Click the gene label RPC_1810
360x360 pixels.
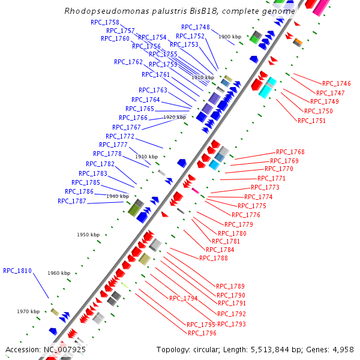pos(17,271)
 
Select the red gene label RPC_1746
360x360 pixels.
pos(337,84)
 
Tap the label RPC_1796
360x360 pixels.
pos(202,333)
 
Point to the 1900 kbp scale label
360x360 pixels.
pos(229,37)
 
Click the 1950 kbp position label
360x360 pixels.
pos(88,235)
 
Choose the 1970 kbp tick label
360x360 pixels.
pos(28,311)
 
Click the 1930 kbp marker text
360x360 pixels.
pos(146,157)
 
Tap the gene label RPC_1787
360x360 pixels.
pos(72,201)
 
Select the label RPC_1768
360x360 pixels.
pos(290,152)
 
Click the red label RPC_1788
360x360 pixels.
pos(214,258)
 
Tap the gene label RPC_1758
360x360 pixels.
pos(105,22)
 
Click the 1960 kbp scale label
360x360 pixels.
pos(58,273)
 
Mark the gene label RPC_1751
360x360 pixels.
pos(312,121)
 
